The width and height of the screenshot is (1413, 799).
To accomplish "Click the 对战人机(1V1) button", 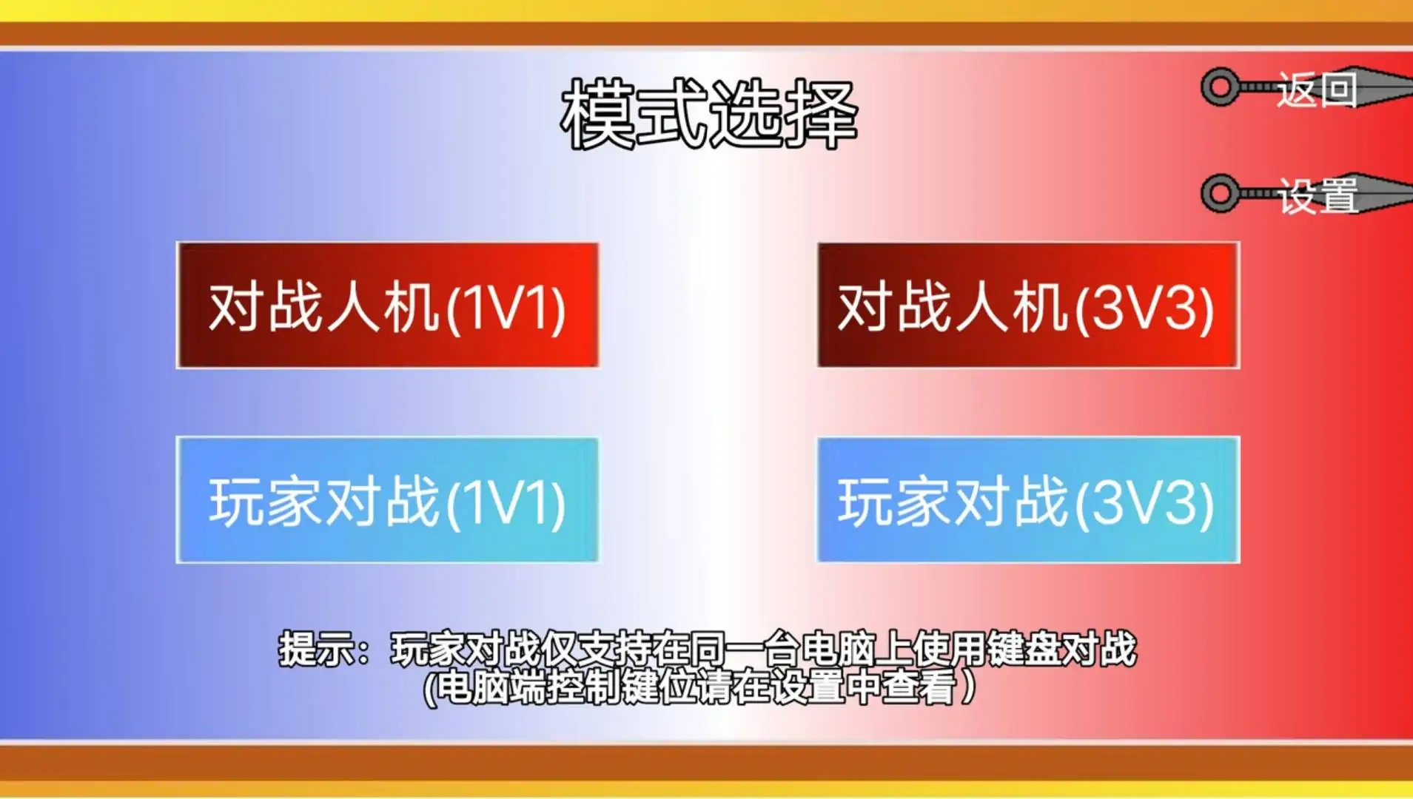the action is click(387, 305).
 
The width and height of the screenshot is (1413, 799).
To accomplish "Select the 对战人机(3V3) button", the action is click(1028, 305).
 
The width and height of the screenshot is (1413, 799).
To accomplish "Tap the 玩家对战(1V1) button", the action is click(387, 500).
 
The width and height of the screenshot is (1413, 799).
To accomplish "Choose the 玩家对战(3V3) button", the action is click(1028, 500).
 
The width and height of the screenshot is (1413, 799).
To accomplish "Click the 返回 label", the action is click(1317, 91).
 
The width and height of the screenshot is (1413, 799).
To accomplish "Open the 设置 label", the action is click(1318, 196).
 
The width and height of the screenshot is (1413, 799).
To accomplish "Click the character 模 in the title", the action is click(597, 114).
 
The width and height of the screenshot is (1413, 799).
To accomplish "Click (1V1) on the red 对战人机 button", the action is click(506, 309).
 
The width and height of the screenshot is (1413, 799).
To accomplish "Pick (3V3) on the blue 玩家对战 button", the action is click(1145, 504).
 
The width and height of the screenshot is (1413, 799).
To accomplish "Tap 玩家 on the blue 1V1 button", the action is click(266, 501).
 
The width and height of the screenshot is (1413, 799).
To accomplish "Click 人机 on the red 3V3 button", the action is click(1011, 306).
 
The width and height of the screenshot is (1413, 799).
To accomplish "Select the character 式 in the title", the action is click(672, 114).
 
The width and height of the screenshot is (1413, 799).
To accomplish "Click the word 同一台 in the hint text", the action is click(745, 649).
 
